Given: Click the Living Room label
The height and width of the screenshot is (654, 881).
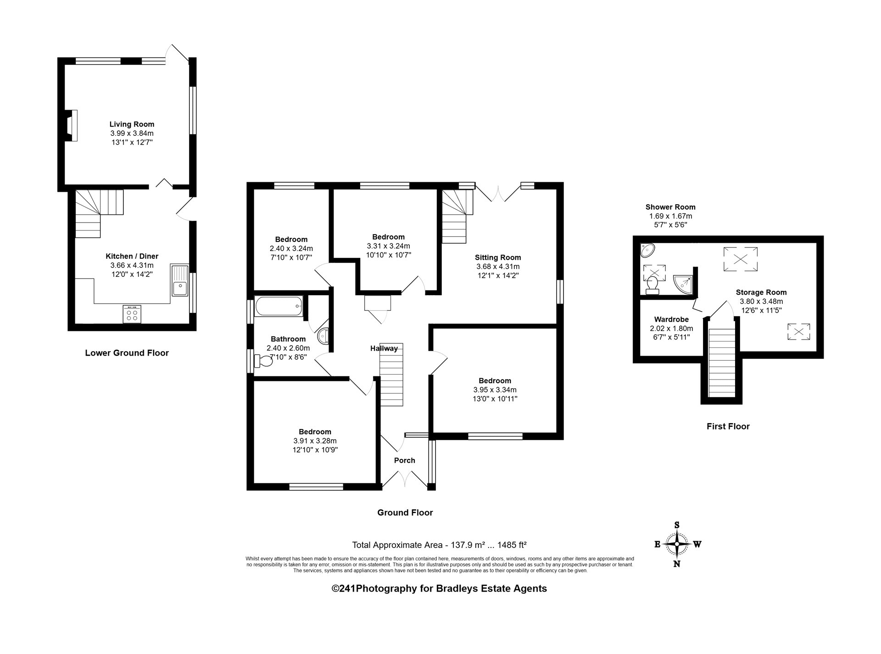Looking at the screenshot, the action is click(132, 124).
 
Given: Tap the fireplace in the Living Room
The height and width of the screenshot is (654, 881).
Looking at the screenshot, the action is click(71, 125).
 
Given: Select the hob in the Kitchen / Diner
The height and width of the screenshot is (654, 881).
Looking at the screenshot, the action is click(132, 314).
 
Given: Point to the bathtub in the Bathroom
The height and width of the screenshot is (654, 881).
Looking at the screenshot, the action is click(279, 306).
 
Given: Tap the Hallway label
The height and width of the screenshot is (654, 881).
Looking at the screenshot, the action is click(384, 348).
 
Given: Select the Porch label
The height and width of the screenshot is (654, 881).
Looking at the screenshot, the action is click(405, 460).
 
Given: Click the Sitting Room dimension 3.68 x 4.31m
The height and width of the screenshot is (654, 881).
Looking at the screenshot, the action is click(498, 267).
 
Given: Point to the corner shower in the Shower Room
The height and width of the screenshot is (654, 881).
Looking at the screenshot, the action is click(683, 284).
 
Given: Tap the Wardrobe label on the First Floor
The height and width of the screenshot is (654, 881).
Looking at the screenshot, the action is click(671, 319).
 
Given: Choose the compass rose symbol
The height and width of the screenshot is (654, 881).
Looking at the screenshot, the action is click(677, 544).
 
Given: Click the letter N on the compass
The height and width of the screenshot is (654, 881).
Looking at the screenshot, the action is click(677, 564).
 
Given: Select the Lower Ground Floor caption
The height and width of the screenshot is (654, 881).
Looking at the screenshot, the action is click(127, 353).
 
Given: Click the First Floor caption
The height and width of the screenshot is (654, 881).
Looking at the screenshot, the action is click(728, 426).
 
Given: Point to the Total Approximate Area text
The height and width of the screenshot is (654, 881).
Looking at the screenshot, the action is click(439, 545).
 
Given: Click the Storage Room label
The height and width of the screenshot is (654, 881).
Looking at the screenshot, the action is click(761, 292).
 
